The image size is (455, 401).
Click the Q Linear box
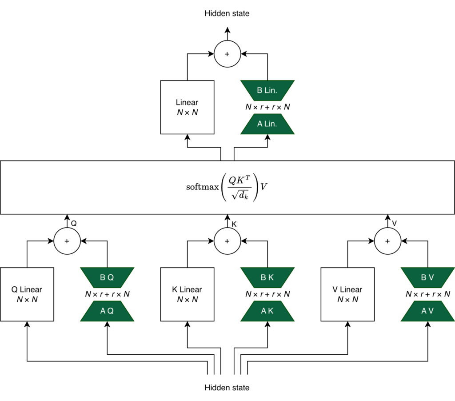click(27, 294)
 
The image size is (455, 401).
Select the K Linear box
click(187, 294)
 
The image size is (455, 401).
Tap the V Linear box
click(347, 294)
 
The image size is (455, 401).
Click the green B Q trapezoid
click(107, 277)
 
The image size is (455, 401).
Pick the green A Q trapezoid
click(107, 311)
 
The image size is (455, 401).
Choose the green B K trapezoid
click(267, 277)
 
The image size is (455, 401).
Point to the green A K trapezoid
click(267, 311)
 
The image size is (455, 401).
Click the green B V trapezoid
click(427, 277)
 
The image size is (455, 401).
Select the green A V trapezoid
click(427, 311)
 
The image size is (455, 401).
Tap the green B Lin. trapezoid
click(267, 91)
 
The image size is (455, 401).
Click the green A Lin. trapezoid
click(267, 124)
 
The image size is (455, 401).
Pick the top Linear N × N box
click(187, 107)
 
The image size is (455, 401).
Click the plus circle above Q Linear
click(67, 241)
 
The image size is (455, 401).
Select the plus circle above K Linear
click(227, 241)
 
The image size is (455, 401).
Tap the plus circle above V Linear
click(387, 241)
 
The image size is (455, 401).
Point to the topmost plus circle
click(227, 54)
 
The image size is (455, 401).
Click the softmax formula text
click(227, 187)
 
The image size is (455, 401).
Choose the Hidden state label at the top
click(227, 13)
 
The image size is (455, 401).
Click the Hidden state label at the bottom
click(227, 388)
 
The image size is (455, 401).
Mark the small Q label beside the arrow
click(74, 224)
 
